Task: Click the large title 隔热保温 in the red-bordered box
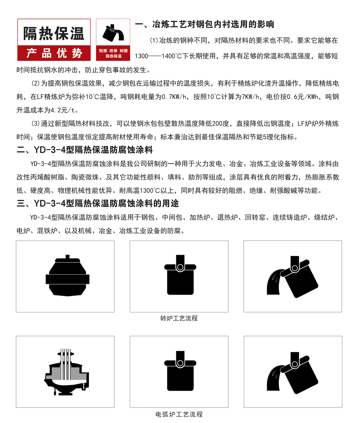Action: click(54, 34)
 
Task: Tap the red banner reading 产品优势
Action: click(54, 53)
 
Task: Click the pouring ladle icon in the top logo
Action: click(113, 33)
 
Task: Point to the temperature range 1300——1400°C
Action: click(158, 56)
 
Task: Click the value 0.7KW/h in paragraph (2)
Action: click(174, 97)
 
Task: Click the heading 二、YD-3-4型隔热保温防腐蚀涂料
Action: click(84, 150)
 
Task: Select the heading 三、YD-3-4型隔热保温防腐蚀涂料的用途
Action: click(98, 203)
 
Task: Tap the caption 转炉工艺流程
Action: click(179, 318)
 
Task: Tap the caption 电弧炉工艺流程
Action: click(179, 414)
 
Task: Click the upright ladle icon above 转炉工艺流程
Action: click(180, 275)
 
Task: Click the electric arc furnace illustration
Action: click(66, 372)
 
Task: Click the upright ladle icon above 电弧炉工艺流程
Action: click(180, 371)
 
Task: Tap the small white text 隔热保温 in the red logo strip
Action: click(113, 56)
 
